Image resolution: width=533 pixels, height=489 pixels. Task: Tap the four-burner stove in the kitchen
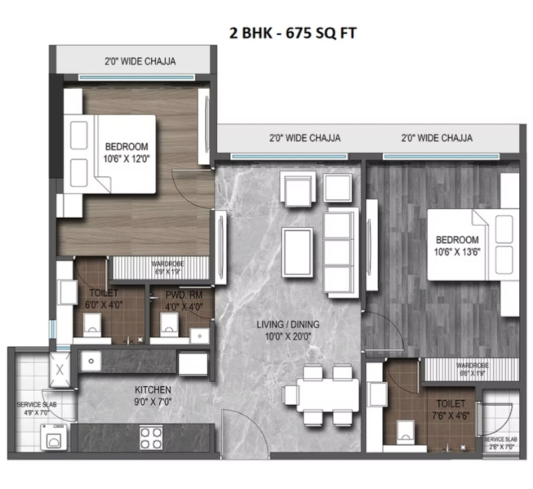point(153,438)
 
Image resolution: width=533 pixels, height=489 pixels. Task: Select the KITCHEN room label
point(129,395)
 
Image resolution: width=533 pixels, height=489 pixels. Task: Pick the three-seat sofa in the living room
point(340,251)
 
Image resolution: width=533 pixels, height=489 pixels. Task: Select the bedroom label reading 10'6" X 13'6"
point(456,245)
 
